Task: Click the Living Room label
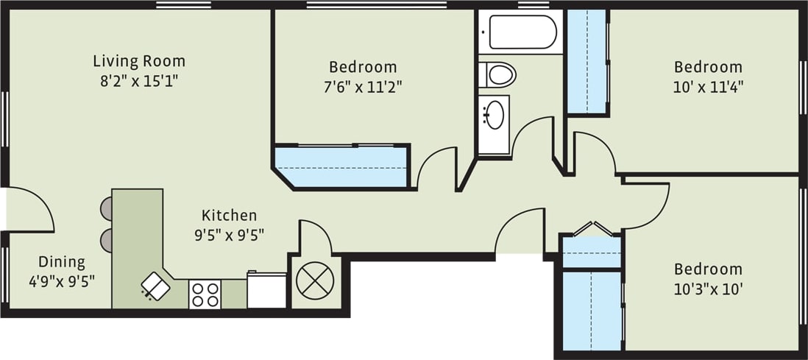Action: tap(139, 60)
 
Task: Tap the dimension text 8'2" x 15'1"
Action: tap(139, 80)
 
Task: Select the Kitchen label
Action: tap(230, 216)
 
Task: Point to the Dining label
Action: tap(62, 262)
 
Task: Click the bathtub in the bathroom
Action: tap(519, 32)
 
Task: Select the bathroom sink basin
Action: tap(494, 115)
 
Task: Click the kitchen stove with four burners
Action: tap(205, 294)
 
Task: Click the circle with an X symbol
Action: tap(315, 281)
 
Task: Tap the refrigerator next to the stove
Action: tap(266, 291)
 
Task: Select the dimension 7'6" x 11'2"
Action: tap(363, 86)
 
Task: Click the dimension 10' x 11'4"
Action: tap(708, 86)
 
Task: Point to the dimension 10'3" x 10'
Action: tap(708, 289)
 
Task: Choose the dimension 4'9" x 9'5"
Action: tap(62, 280)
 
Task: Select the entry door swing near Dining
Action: tap(29, 210)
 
